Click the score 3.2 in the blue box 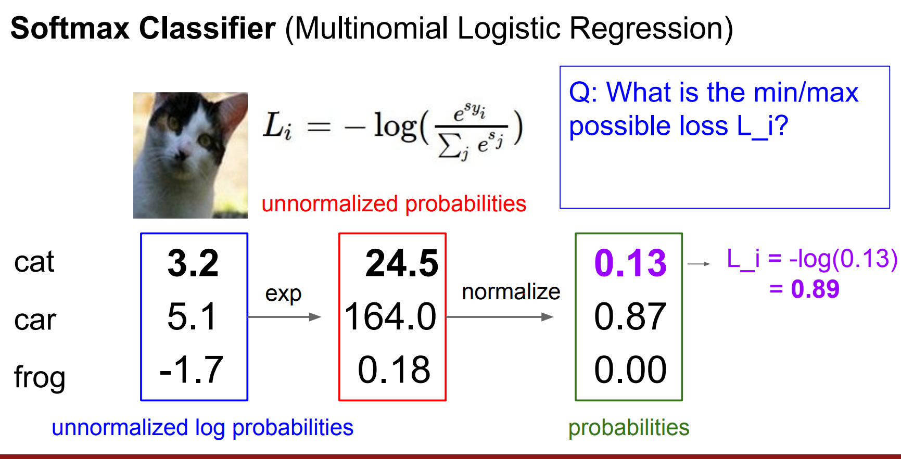pos(193,263)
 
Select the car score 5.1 pos(192,316)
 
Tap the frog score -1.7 pos(192,370)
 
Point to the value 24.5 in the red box pos(402,263)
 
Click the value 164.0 pos(390,316)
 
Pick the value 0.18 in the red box pos(394,370)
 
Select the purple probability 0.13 pos(630,263)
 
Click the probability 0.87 pos(630,316)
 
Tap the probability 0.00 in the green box pos(630,370)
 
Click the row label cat pos(34,262)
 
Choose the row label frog pos(40,376)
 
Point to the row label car pos(35,320)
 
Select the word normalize pos(511,292)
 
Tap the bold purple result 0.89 pos(815,289)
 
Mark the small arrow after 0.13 pos(699,264)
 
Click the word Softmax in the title pos(70,28)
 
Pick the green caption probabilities pos(629,428)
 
